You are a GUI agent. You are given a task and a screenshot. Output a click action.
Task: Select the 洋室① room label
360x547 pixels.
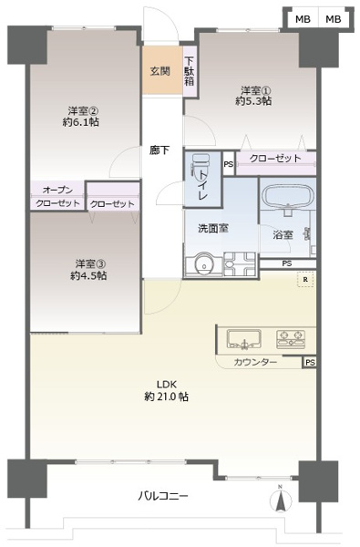[256, 90]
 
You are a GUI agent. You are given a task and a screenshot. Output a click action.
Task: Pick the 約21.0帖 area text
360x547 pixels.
[166, 397]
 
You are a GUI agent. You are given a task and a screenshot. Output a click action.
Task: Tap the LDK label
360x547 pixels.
[166, 384]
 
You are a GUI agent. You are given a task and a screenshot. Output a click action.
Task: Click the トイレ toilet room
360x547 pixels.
[201, 178]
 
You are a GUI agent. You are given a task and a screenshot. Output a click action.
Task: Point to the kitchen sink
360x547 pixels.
[242, 340]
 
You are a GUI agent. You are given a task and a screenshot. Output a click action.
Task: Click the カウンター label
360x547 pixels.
[255, 363]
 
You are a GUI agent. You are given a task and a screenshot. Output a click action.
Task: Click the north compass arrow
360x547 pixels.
[281, 500]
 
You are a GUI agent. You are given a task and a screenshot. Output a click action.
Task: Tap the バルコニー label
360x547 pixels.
[164, 497]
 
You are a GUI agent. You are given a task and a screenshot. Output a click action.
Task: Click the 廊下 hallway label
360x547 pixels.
[160, 150]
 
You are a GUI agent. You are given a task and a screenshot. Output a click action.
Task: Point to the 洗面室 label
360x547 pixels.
[212, 228]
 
